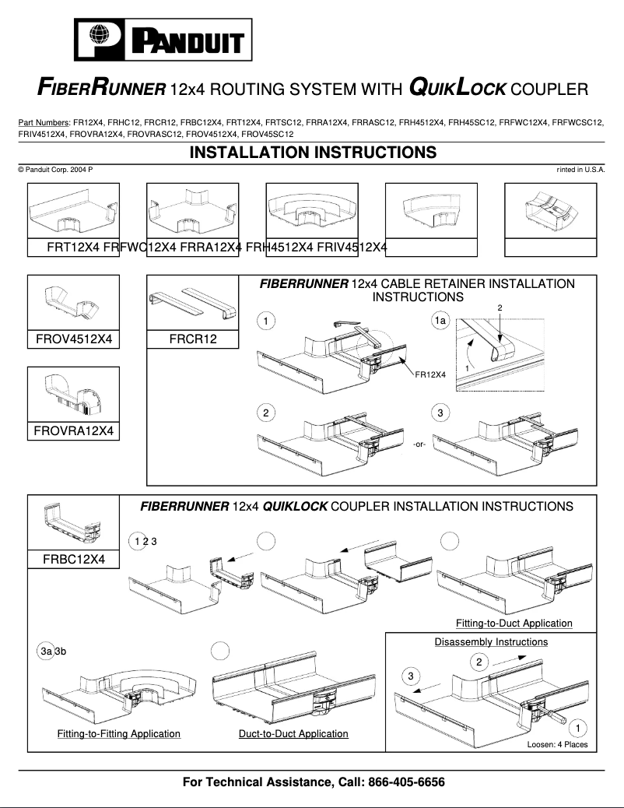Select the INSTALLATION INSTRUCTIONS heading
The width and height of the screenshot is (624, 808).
pyautogui.click(x=313, y=153)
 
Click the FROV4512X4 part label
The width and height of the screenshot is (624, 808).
pyautogui.click(x=74, y=339)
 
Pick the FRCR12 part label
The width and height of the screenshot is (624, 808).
pyautogui.click(x=193, y=339)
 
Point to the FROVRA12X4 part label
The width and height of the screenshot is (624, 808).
pyautogui.click(x=74, y=430)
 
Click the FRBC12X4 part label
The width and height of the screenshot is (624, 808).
pyautogui.click(x=74, y=558)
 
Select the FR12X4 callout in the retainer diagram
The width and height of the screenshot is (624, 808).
pyautogui.click(x=429, y=374)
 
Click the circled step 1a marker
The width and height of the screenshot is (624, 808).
pyautogui.click(x=440, y=321)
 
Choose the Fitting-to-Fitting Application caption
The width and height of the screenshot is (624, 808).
pyautogui.click(x=118, y=734)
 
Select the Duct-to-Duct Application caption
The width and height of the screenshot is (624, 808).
pyautogui.click(x=293, y=734)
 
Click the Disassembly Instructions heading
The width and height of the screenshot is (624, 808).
pyautogui.click(x=490, y=642)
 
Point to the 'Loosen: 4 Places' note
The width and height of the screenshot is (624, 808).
pyautogui.click(x=557, y=745)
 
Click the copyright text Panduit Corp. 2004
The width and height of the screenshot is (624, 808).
pyautogui.click(x=55, y=170)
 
